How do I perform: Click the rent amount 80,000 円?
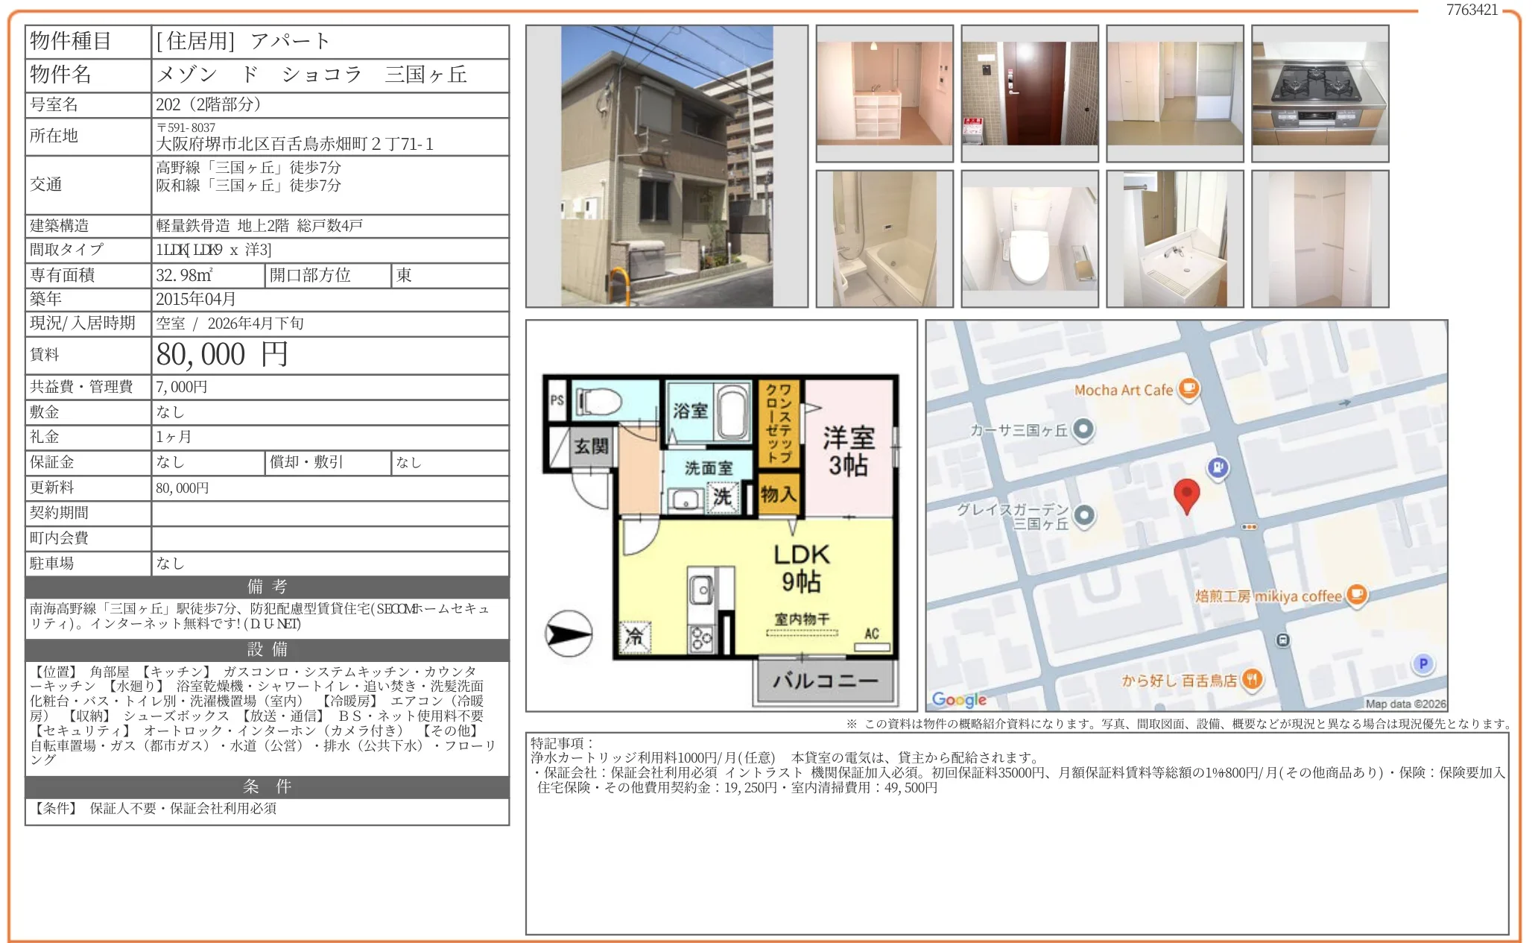(x=221, y=355)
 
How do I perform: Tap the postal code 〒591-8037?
(x=186, y=127)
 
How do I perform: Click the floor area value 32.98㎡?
(x=184, y=275)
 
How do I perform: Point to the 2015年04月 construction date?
(x=196, y=299)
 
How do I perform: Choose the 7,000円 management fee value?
(x=182, y=387)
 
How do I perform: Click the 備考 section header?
(x=268, y=587)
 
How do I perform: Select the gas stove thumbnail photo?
(x=1320, y=93)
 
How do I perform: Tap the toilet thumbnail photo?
(x=1030, y=239)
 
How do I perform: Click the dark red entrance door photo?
(x=1030, y=93)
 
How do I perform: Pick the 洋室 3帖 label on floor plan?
(x=849, y=451)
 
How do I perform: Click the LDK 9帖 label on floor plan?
(x=802, y=567)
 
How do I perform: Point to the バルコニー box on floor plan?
(x=826, y=681)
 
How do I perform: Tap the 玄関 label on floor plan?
(x=591, y=447)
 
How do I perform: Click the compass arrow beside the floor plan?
(x=569, y=634)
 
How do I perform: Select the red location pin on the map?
(x=1186, y=495)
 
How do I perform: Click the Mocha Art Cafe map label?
(x=1123, y=390)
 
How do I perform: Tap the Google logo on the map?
(x=959, y=699)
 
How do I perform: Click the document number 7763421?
(x=1472, y=10)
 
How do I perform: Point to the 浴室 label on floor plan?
(x=690, y=411)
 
